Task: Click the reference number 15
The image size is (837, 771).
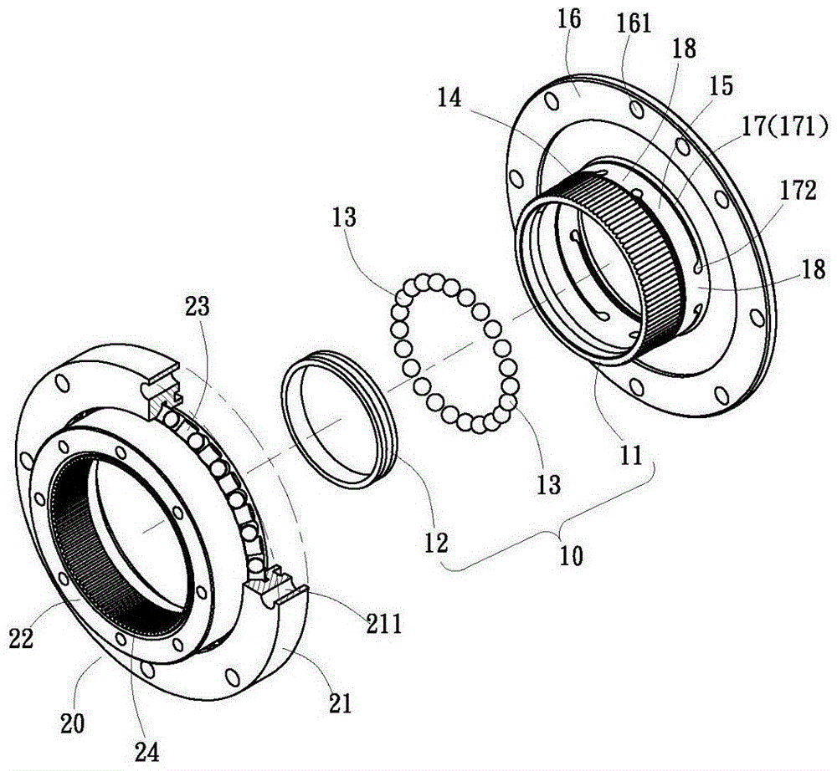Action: (x=720, y=85)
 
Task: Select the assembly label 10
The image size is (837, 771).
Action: (x=574, y=554)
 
